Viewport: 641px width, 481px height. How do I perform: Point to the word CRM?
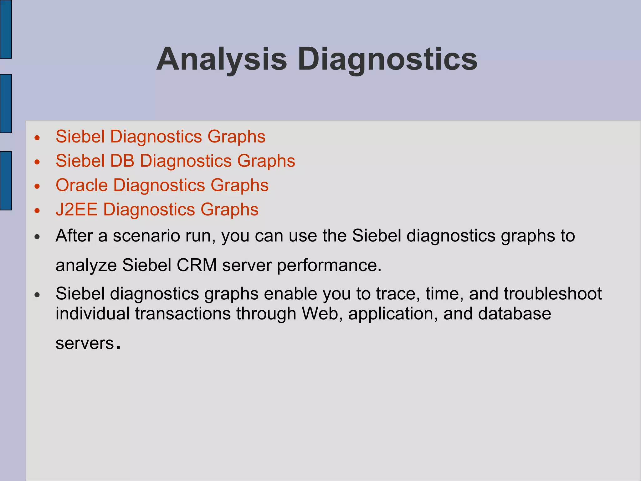(x=197, y=265)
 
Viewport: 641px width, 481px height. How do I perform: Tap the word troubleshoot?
(x=553, y=294)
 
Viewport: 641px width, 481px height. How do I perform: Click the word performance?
(x=329, y=265)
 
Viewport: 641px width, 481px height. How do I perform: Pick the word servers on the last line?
(x=85, y=343)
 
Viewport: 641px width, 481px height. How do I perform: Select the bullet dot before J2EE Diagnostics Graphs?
(x=37, y=211)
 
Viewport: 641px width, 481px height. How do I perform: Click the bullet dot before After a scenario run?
(x=37, y=237)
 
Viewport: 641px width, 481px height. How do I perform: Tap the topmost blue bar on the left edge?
(x=6, y=29)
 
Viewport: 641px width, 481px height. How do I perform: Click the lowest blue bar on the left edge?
(x=6, y=181)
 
